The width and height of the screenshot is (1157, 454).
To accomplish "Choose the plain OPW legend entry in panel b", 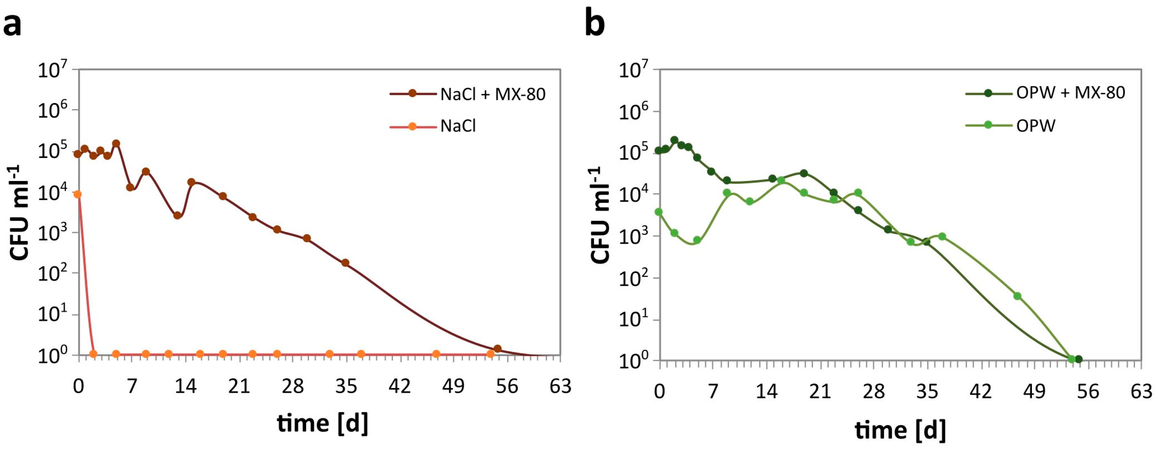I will [1036, 125].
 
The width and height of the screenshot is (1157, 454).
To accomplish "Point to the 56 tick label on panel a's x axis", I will [507, 386].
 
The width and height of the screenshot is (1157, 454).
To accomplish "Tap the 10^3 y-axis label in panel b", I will [633, 237].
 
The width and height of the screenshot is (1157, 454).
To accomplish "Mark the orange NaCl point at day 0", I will [78, 194].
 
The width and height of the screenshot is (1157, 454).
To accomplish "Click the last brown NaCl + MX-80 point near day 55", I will [497, 349].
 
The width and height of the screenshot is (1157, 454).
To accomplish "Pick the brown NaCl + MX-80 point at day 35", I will [345, 263].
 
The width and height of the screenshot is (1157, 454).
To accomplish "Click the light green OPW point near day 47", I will [1017, 296].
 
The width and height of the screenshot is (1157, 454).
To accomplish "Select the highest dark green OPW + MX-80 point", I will [674, 140].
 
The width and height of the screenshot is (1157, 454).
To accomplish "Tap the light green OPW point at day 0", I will [659, 212].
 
